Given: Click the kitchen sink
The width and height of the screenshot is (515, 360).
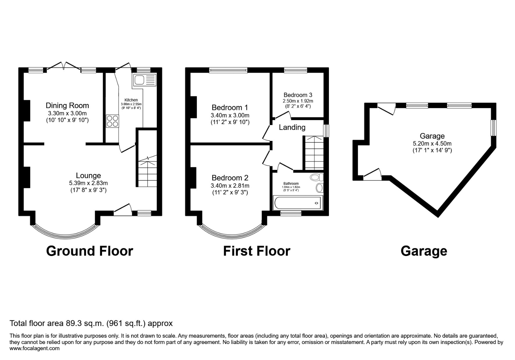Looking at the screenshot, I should (x=144, y=80).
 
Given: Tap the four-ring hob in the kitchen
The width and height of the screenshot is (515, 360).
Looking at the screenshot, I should (x=112, y=121).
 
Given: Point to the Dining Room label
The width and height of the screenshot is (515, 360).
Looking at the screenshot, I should (x=67, y=106).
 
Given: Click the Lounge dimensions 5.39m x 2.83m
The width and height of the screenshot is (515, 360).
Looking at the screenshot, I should (x=88, y=183).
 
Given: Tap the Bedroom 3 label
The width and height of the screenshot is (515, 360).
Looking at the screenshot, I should (x=298, y=95).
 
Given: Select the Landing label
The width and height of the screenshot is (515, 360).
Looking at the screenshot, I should (x=292, y=127).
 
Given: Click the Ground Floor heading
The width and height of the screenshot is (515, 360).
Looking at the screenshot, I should (x=89, y=251).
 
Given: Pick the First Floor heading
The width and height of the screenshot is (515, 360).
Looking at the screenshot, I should (x=256, y=251).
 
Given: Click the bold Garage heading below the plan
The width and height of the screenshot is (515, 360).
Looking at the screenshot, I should (x=424, y=251).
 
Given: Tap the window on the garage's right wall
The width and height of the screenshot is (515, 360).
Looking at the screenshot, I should (x=493, y=128).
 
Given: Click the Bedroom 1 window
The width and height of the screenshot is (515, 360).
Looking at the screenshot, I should (x=228, y=70).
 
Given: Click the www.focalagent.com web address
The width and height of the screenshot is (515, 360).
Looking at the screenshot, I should (x=35, y=348).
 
